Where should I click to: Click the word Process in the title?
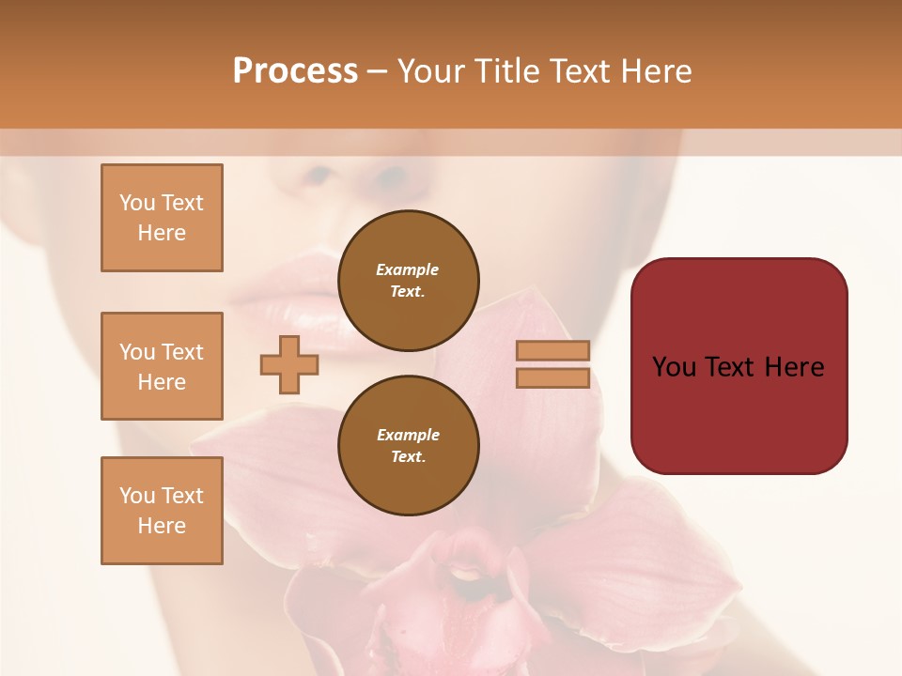[x=295, y=71]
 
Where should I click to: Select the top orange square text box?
[x=162, y=218]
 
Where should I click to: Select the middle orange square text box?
[x=162, y=366]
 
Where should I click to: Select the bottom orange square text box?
[x=162, y=511]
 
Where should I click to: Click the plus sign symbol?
[x=289, y=364]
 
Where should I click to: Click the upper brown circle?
[x=409, y=281]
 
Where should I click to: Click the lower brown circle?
[x=409, y=446]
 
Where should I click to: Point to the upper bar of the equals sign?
[x=553, y=350]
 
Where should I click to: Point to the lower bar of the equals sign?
[x=553, y=377]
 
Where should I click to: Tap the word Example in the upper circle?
[x=408, y=269]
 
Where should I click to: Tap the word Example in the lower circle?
[x=408, y=435]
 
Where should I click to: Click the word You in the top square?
[x=136, y=203]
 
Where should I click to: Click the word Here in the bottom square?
[x=162, y=526]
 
